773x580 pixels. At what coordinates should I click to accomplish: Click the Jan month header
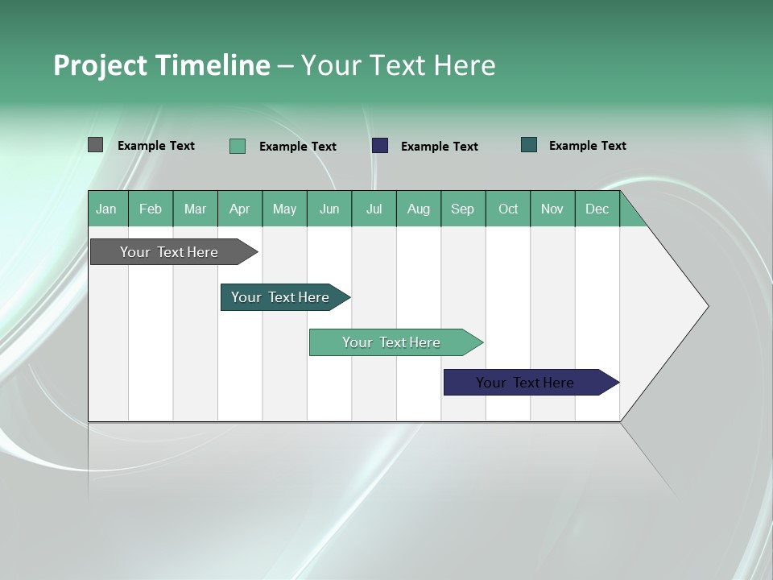107,209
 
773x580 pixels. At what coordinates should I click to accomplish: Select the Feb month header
151,209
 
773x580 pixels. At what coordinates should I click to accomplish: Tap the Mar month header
195,209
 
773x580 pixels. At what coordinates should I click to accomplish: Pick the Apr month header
240,209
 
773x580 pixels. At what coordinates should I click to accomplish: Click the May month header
284,209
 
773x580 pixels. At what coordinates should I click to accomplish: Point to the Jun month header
329,209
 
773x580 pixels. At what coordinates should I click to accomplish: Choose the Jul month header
374,209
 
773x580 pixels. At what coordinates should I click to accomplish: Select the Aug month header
419,209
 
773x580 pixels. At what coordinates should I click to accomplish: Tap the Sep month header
463,209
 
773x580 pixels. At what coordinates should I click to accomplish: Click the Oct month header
508,209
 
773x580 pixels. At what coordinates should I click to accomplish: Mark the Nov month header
552,209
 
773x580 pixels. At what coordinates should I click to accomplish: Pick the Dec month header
597,209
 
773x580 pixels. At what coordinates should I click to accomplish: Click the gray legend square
96,145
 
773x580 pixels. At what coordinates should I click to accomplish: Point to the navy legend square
380,146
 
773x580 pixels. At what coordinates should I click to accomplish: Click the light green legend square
238,146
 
